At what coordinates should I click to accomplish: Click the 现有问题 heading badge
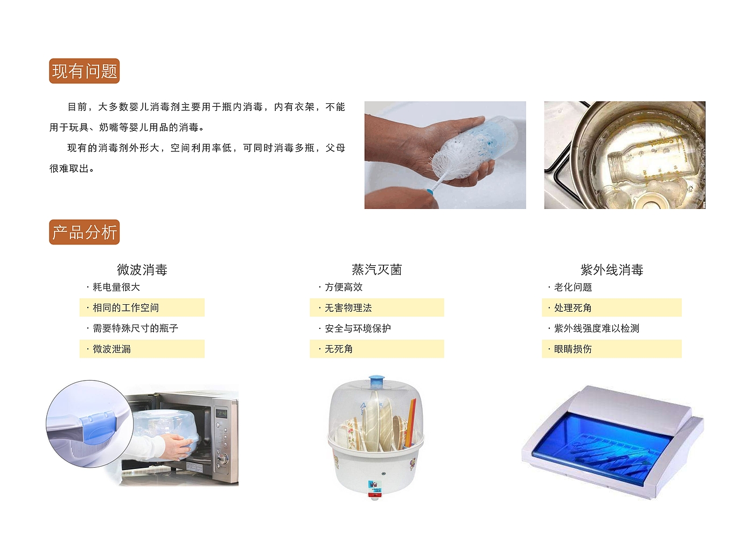click(x=85, y=71)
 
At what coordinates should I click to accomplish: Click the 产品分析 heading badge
click(x=85, y=232)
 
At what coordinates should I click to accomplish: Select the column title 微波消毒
click(x=142, y=270)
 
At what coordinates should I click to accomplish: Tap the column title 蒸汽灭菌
click(x=376, y=270)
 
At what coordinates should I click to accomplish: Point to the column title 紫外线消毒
click(x=612, y=270)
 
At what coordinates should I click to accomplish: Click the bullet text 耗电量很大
click(x=116, y=287)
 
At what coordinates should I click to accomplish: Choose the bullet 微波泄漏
click(x=112, y=349)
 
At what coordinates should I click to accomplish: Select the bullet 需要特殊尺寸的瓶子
click(x=135, y=328)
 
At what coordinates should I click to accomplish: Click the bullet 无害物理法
click(x=348, y=307)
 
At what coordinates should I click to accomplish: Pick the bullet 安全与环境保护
click(x=358, y=328)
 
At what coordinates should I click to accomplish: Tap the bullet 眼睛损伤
click(x=573, y=349)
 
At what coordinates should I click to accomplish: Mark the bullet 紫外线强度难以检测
click(x=597, y=328)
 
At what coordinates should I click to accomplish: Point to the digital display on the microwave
click(x=221, y=413)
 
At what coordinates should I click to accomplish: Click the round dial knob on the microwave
click(x=223, y=458)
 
